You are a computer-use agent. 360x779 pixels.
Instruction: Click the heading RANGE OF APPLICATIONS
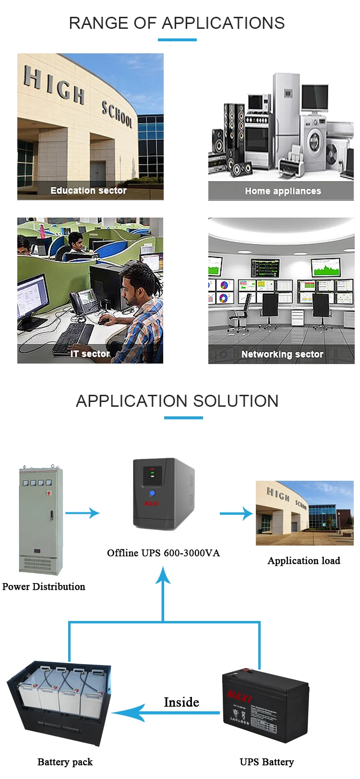click(177, 23)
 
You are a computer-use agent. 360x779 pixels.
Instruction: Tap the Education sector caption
click(88, 191)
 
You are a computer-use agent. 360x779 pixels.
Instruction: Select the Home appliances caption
click(283, 191)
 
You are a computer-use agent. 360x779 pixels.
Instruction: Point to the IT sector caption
click(90, 354)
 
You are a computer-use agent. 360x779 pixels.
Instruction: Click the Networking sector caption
click(282, 354)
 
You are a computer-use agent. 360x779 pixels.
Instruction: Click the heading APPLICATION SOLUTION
click(177, 401)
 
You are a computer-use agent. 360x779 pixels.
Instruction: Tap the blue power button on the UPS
click(152, 493)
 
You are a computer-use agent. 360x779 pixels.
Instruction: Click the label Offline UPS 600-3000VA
click(163, 553)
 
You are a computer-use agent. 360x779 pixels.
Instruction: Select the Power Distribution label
click(44, 586)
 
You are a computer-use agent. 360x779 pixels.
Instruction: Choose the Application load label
click(304, 560)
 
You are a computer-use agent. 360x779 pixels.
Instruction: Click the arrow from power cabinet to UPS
click(82, 513)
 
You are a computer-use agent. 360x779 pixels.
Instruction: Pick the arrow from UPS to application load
click(236, 513)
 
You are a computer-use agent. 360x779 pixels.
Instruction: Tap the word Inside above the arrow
click(181, 702)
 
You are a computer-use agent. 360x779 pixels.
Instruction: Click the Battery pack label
click(65, 762)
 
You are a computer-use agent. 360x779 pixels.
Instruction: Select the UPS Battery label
click(266, 762)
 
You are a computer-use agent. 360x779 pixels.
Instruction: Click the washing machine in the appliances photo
click(314, 142)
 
